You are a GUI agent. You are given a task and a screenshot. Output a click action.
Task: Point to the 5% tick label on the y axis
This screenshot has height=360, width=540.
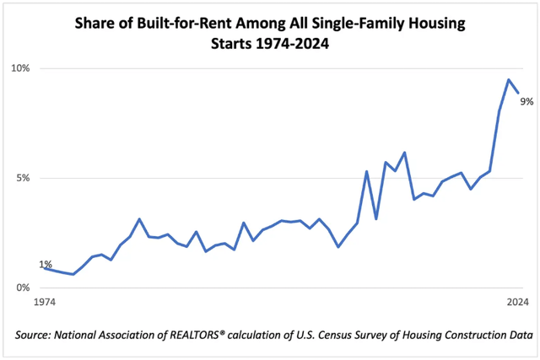pos(20,178)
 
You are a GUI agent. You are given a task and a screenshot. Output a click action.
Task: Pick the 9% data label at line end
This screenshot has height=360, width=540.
pos(526,101)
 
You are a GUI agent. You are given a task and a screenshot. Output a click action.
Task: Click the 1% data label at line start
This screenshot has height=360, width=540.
pos(46,265)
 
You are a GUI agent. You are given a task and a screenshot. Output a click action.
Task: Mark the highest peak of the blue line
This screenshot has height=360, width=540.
pos(509,80)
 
